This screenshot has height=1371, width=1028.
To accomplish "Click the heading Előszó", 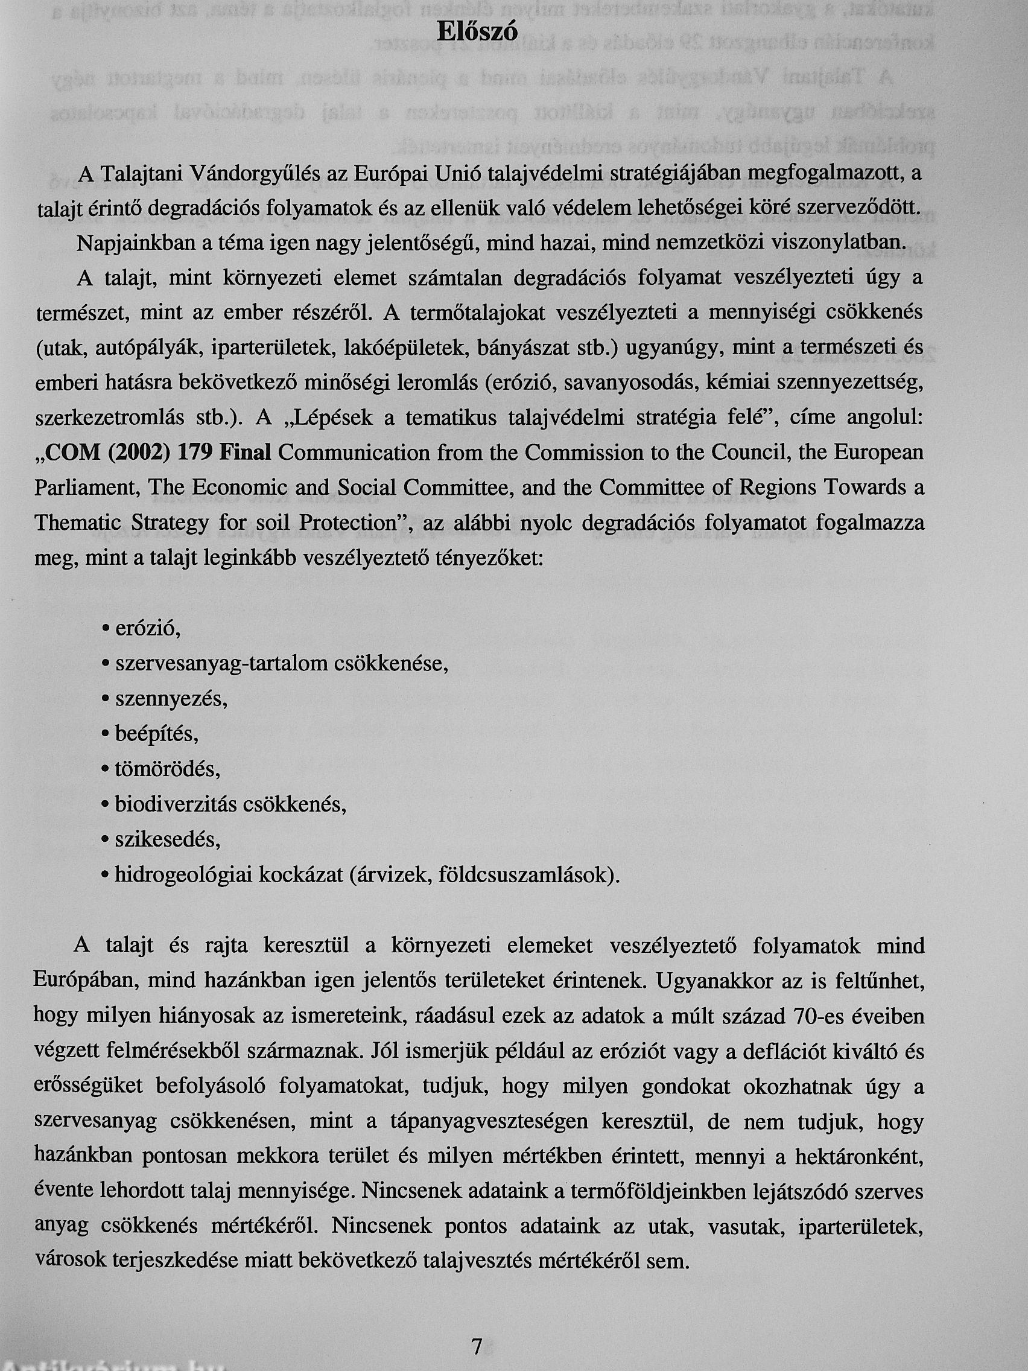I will coord(477,32).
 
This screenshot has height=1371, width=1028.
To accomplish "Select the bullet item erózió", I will coord(147,629).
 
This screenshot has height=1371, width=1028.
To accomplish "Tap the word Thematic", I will coord(77,523).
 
